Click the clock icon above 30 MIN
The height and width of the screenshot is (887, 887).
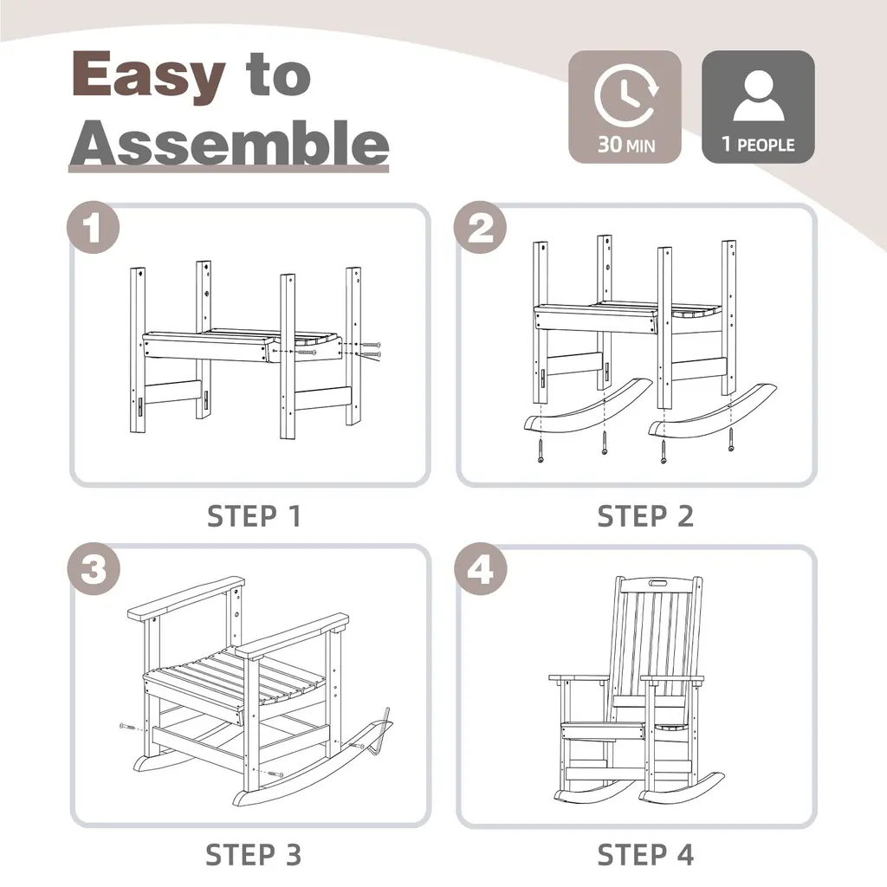click(x=625, y=95)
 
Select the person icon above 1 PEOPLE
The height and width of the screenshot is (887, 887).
click(x=759, y=95)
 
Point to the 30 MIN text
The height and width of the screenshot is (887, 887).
click(x=626, y=145)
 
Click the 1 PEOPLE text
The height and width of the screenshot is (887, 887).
click(x=758, y=145)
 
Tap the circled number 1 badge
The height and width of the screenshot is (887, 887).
click(x=94, y=228)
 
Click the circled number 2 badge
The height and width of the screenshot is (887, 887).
click(x=480, y=228)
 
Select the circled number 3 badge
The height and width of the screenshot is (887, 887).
click(x=94, y=568)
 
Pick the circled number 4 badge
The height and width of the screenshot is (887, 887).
click(x=480, y=568)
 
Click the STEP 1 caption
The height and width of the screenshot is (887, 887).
click(x=254, y=516)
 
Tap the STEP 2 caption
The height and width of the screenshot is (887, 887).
click(x=645, y=516)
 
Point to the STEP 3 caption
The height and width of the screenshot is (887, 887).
click(x=254, y=855)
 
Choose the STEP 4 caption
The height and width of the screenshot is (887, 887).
click(x=645, y=855)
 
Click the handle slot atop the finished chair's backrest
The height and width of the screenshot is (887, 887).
click(x=658, y=583)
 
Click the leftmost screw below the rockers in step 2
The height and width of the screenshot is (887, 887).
click(x=541, y=451)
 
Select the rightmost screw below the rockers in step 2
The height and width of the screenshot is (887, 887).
click(x=731, y=439)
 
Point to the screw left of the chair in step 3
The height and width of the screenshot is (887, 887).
click(x=128, y=727)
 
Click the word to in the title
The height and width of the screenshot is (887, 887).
click(x=278, y=74)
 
